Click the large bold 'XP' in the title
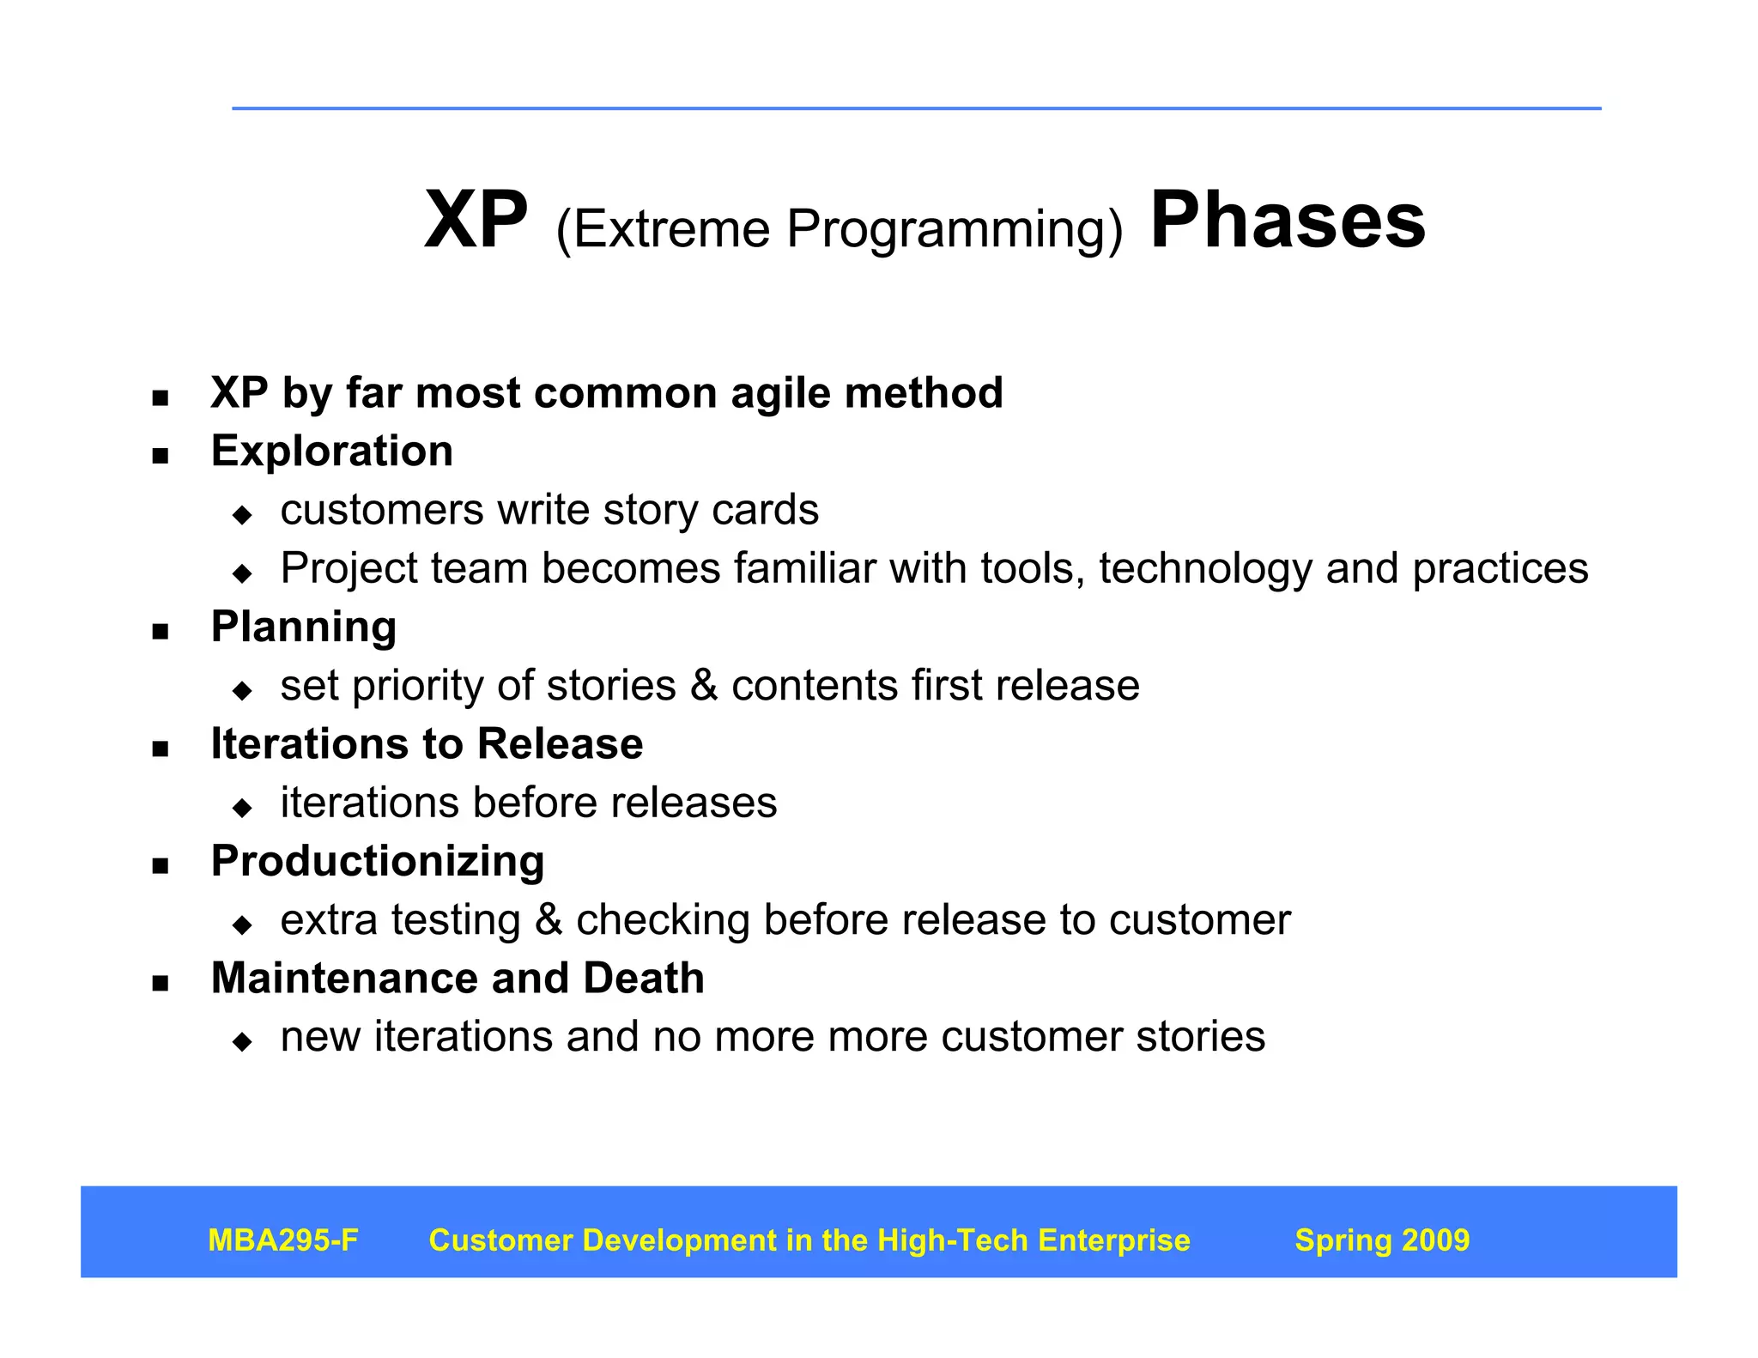pos(476,221)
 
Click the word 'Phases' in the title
pos(1287,221)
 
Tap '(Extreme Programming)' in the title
pos(839,229)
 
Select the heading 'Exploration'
pos(332,452)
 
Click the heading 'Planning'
pos(304,627)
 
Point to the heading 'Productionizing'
pos(378,861)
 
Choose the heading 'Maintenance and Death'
pos(458,979)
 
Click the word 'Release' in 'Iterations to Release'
pos(560,744)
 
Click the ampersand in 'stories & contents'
pos(704,686)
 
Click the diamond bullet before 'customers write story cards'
pos(243,515)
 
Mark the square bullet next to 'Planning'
pos(161,633)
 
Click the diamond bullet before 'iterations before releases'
pos(243,808)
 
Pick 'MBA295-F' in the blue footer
pos(283,1240)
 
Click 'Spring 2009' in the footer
pos(1382,1240)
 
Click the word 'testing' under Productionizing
pos(456,920)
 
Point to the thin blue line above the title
pos(916,109)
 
